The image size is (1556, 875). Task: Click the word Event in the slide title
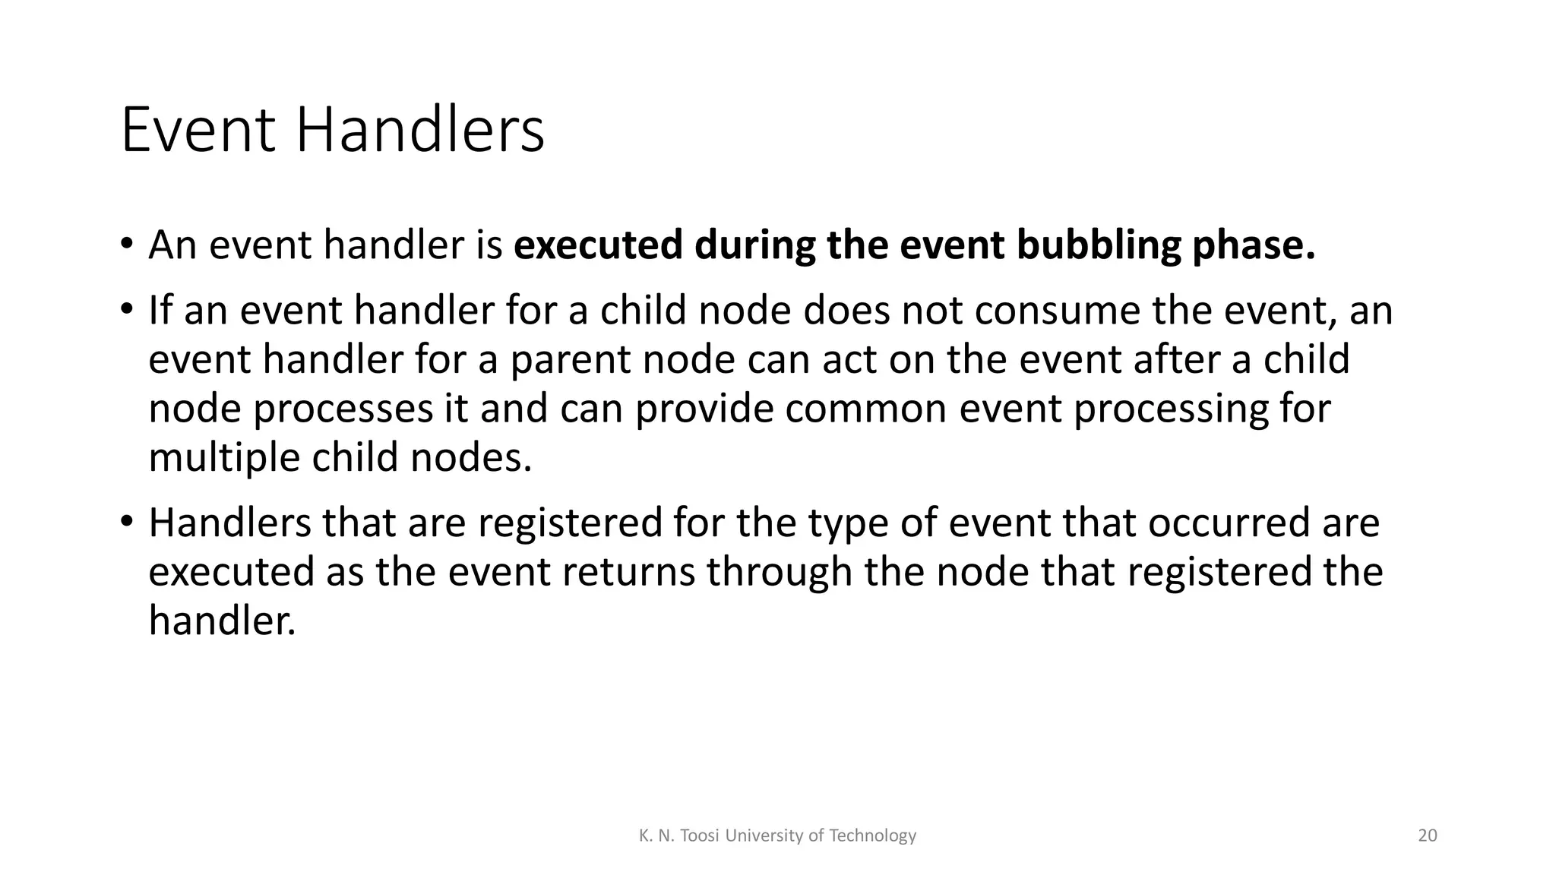pyautogui.click(x=197, y=131)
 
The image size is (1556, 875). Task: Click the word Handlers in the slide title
pyautogui.click(x=419, y=131)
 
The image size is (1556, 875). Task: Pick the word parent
pyautogui.click(x=569, y=360)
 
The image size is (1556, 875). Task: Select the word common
pyautogui.click(x=865, y=409)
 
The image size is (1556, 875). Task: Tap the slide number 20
pyautogui.click(x=1428, y=836)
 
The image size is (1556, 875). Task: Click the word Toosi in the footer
pyautogui.click(x=698, y=836)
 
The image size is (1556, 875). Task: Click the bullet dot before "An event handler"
pyautogui.click(x=126, y=245)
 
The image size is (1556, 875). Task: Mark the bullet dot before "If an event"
pyautogui.click(x=126, y=311)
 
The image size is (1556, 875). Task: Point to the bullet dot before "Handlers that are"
pyautogui.click(x=126, y=523)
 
